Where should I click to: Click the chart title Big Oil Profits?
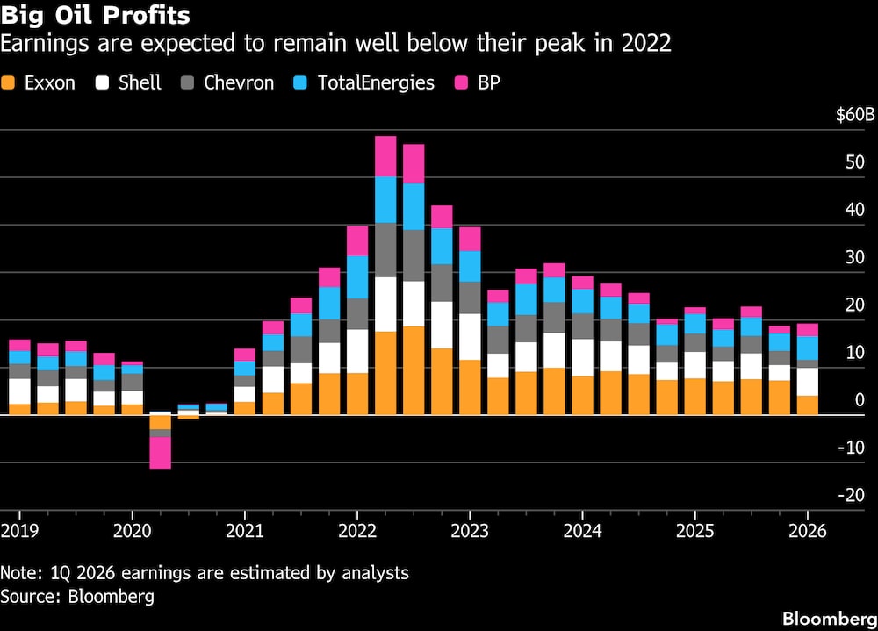point(95,16)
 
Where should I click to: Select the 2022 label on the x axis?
point(357,530)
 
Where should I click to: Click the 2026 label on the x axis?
point(808,530)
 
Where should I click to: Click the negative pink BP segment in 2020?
point(160,452)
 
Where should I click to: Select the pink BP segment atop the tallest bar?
point(385,156)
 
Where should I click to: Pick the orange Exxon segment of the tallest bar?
point(385,373)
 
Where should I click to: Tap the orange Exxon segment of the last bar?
point(808,405)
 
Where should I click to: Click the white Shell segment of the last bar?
point(808,382)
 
